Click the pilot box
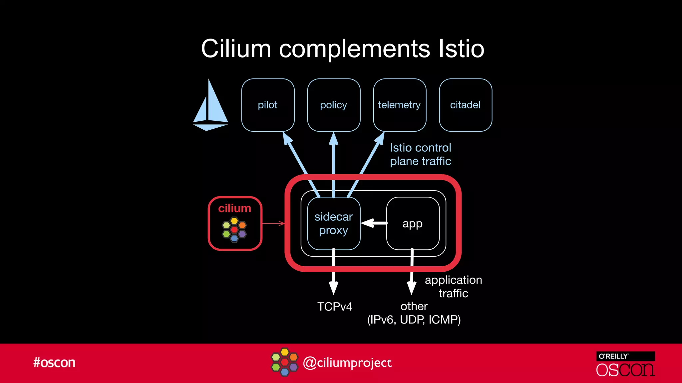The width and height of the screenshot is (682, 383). click(268, 105)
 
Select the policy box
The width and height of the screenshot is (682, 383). click(334, 105)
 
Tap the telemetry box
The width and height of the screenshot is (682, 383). click(399, 105)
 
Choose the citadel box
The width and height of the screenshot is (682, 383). click(465, 105)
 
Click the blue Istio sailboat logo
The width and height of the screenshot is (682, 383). click(210, 106)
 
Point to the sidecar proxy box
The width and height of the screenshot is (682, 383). click(334, 223)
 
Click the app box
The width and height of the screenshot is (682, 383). click(413, 223)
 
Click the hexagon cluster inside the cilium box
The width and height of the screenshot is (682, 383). click(234, 229)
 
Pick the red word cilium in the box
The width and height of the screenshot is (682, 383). click(234, 208)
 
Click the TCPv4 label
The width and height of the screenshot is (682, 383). click(334, 307)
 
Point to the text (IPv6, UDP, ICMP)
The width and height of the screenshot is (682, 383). click(414, 320)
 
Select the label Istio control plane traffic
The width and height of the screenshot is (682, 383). click(420, 154)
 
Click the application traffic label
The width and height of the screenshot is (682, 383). click(453, 287)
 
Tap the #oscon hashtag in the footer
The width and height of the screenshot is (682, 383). click(54, 362)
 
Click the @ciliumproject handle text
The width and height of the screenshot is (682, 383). click(347, 363)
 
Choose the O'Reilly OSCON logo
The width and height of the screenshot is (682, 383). click(625, 364)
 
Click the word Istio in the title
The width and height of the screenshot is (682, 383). click(461, 49)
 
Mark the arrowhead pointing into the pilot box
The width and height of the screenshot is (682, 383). click(287, 138)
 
